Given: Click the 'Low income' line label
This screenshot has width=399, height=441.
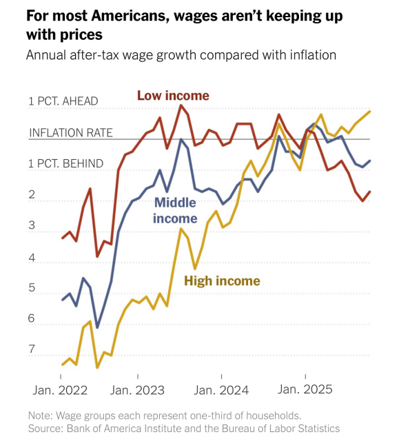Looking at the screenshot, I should [172, 95].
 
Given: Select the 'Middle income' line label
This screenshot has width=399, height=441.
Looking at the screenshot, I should [175, 210].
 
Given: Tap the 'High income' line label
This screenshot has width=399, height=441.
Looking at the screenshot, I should [221, 280].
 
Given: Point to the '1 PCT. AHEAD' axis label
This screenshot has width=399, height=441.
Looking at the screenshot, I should [63, 101].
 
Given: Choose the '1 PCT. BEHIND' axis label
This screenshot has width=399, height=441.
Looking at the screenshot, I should [66, 164].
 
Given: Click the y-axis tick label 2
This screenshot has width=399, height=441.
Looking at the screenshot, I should [32, 196].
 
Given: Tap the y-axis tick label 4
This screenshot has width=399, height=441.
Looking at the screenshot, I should [32, 258].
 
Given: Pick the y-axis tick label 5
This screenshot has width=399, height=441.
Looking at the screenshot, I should [32, 289].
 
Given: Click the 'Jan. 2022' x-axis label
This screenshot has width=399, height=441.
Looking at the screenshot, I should [60, 390].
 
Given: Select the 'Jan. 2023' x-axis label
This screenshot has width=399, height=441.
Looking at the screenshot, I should [138, 390].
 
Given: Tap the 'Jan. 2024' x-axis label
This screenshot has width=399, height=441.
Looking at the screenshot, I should [221, 390].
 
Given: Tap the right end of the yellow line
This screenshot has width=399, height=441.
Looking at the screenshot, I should [370, 112].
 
